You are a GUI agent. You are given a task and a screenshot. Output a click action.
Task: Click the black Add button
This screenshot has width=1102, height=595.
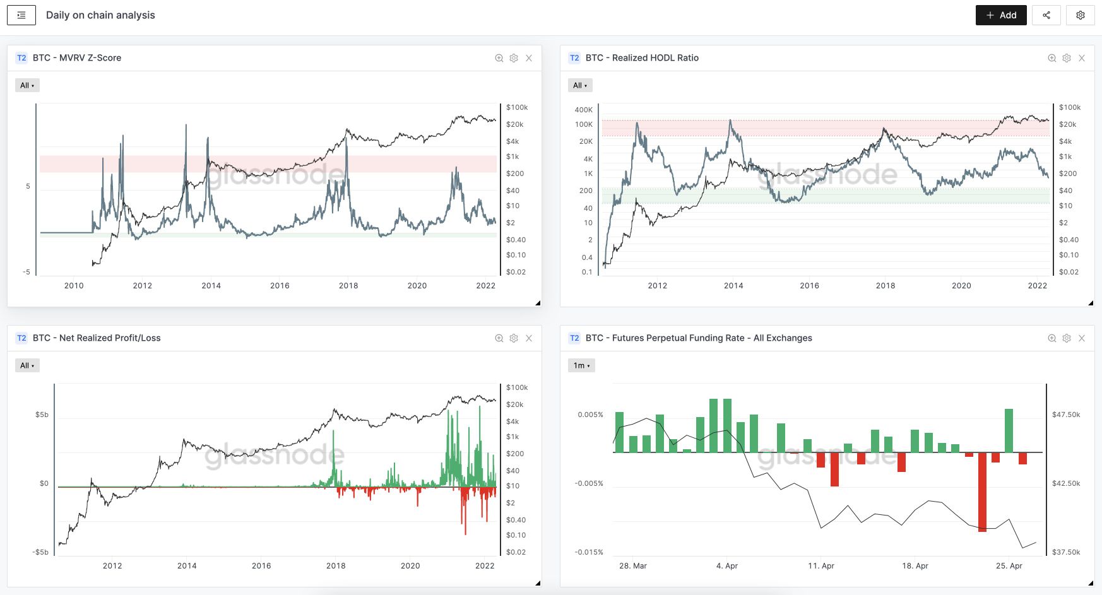click(x=1001, y=15)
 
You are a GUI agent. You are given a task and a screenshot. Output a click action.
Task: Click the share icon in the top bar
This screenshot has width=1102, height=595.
click(x=1046, y=15)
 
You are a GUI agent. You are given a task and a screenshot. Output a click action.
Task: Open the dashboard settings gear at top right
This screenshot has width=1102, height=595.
click(x=1080, y=15)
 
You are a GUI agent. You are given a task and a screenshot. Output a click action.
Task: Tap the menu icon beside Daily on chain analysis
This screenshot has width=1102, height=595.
click(x=21, y=15)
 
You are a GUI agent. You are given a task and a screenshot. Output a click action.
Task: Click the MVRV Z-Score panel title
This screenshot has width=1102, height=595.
click(x=77, y=58)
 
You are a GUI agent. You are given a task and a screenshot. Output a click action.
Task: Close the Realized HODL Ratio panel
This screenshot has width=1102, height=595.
click(x=1082, y=58)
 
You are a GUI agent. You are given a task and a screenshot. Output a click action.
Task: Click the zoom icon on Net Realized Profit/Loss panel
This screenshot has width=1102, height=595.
click(x=499, y=338)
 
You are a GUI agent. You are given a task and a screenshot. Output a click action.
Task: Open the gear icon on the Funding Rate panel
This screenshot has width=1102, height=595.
click(x=1067, y=338)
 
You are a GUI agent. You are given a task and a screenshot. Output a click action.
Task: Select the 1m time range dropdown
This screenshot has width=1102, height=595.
click(x=581, y=365)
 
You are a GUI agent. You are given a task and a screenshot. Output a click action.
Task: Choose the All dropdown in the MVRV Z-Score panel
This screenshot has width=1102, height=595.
click(x=27, y=85)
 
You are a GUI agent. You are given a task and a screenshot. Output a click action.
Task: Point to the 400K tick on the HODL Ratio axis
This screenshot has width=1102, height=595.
click(x=584, y=110)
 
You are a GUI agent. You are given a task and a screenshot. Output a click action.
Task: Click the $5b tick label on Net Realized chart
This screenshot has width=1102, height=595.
click(x=42, y=415)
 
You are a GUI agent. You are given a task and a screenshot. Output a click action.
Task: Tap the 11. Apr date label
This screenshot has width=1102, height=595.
click(x=821, y=566)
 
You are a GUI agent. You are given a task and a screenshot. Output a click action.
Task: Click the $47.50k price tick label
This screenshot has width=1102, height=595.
click(x=1066, y=415)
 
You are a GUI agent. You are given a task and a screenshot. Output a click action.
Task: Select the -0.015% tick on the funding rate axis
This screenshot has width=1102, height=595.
click(x=589, y=552)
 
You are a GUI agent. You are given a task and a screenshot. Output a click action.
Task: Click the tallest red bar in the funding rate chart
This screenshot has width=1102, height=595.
click(x=982, y=492)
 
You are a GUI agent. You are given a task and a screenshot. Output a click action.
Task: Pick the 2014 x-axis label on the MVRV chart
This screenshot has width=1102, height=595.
click(x=211, y=286)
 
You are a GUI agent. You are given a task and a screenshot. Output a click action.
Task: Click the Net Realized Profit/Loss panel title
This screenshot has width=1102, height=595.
click(x=97, y=338)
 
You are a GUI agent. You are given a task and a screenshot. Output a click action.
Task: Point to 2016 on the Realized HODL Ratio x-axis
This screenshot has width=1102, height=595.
click(x=810, y=286)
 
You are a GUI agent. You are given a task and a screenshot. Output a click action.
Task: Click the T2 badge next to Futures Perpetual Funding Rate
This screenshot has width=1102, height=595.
click(x=574, y=338)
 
